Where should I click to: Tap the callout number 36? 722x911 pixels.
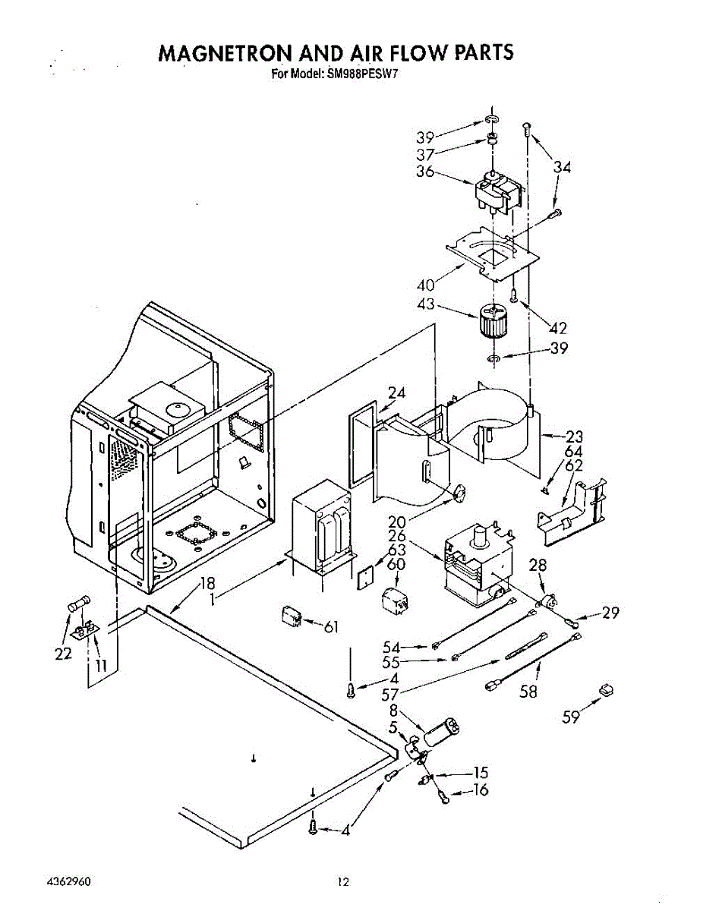[425, 172]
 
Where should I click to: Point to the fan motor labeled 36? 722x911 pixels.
[497, 194]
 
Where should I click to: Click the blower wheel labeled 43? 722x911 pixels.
[490, 322]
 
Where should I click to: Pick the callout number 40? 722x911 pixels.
[425, 285]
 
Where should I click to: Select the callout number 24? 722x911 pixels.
[396, 392]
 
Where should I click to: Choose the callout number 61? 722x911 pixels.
[330, 626]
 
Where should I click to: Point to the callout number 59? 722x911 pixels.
[572, 717]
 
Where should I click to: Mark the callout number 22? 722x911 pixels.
[64, 654]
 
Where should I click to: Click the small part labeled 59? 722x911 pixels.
[606, 689]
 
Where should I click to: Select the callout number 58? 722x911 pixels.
[528, 692]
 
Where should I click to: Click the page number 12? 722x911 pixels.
[344, 882]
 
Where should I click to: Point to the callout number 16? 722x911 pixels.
[480, 790]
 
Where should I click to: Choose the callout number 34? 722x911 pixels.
[562, 167]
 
